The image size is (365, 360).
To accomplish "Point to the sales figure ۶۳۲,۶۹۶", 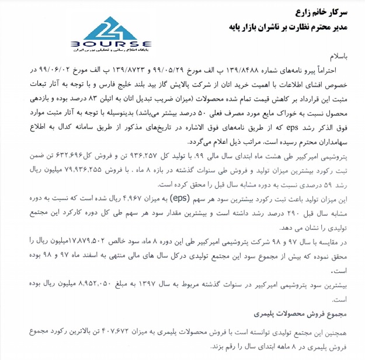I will [59, 158].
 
